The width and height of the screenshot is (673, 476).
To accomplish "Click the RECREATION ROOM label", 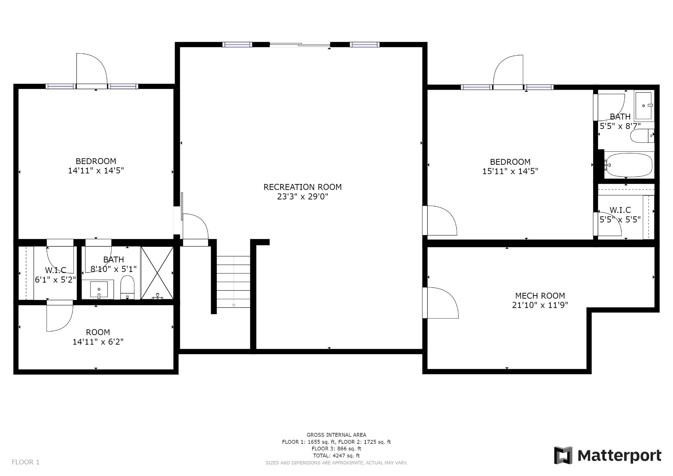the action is click(302, 187).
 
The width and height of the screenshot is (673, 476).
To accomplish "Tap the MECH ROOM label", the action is click(540, 296).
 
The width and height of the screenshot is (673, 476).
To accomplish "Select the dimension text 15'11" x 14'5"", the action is click(510, 171).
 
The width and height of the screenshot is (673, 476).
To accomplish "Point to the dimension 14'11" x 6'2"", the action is click(98, 342).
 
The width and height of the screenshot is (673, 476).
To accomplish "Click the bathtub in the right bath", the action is click(629, 165).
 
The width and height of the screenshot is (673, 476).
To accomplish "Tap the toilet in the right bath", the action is click(642, 136).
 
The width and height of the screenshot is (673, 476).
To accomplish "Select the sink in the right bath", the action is click(644, 106).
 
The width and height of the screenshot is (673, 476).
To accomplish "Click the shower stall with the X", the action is click(157, 273).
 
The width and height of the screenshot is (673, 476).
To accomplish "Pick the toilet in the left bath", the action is click(127, 287).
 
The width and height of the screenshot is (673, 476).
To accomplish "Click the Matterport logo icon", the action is click(563, 455).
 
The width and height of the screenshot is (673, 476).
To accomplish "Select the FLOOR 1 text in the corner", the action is click(26, 462).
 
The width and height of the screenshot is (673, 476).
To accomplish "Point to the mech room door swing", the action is click(441, 303).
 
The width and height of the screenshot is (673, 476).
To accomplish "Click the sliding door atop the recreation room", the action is click(300, 45).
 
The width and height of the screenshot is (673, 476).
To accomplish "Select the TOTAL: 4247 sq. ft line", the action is click(336, 456).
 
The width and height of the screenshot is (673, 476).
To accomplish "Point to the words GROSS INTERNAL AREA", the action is click(336, 435).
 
